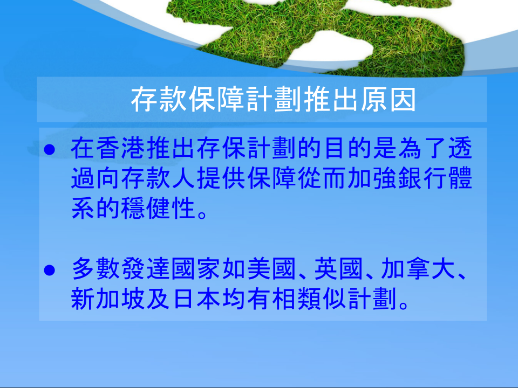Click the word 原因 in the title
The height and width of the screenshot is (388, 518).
coord(388,100)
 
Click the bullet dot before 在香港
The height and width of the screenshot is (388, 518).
coord(50,149)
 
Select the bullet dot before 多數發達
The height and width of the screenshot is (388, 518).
coord(50,270)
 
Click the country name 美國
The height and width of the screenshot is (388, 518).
coord(271,268)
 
